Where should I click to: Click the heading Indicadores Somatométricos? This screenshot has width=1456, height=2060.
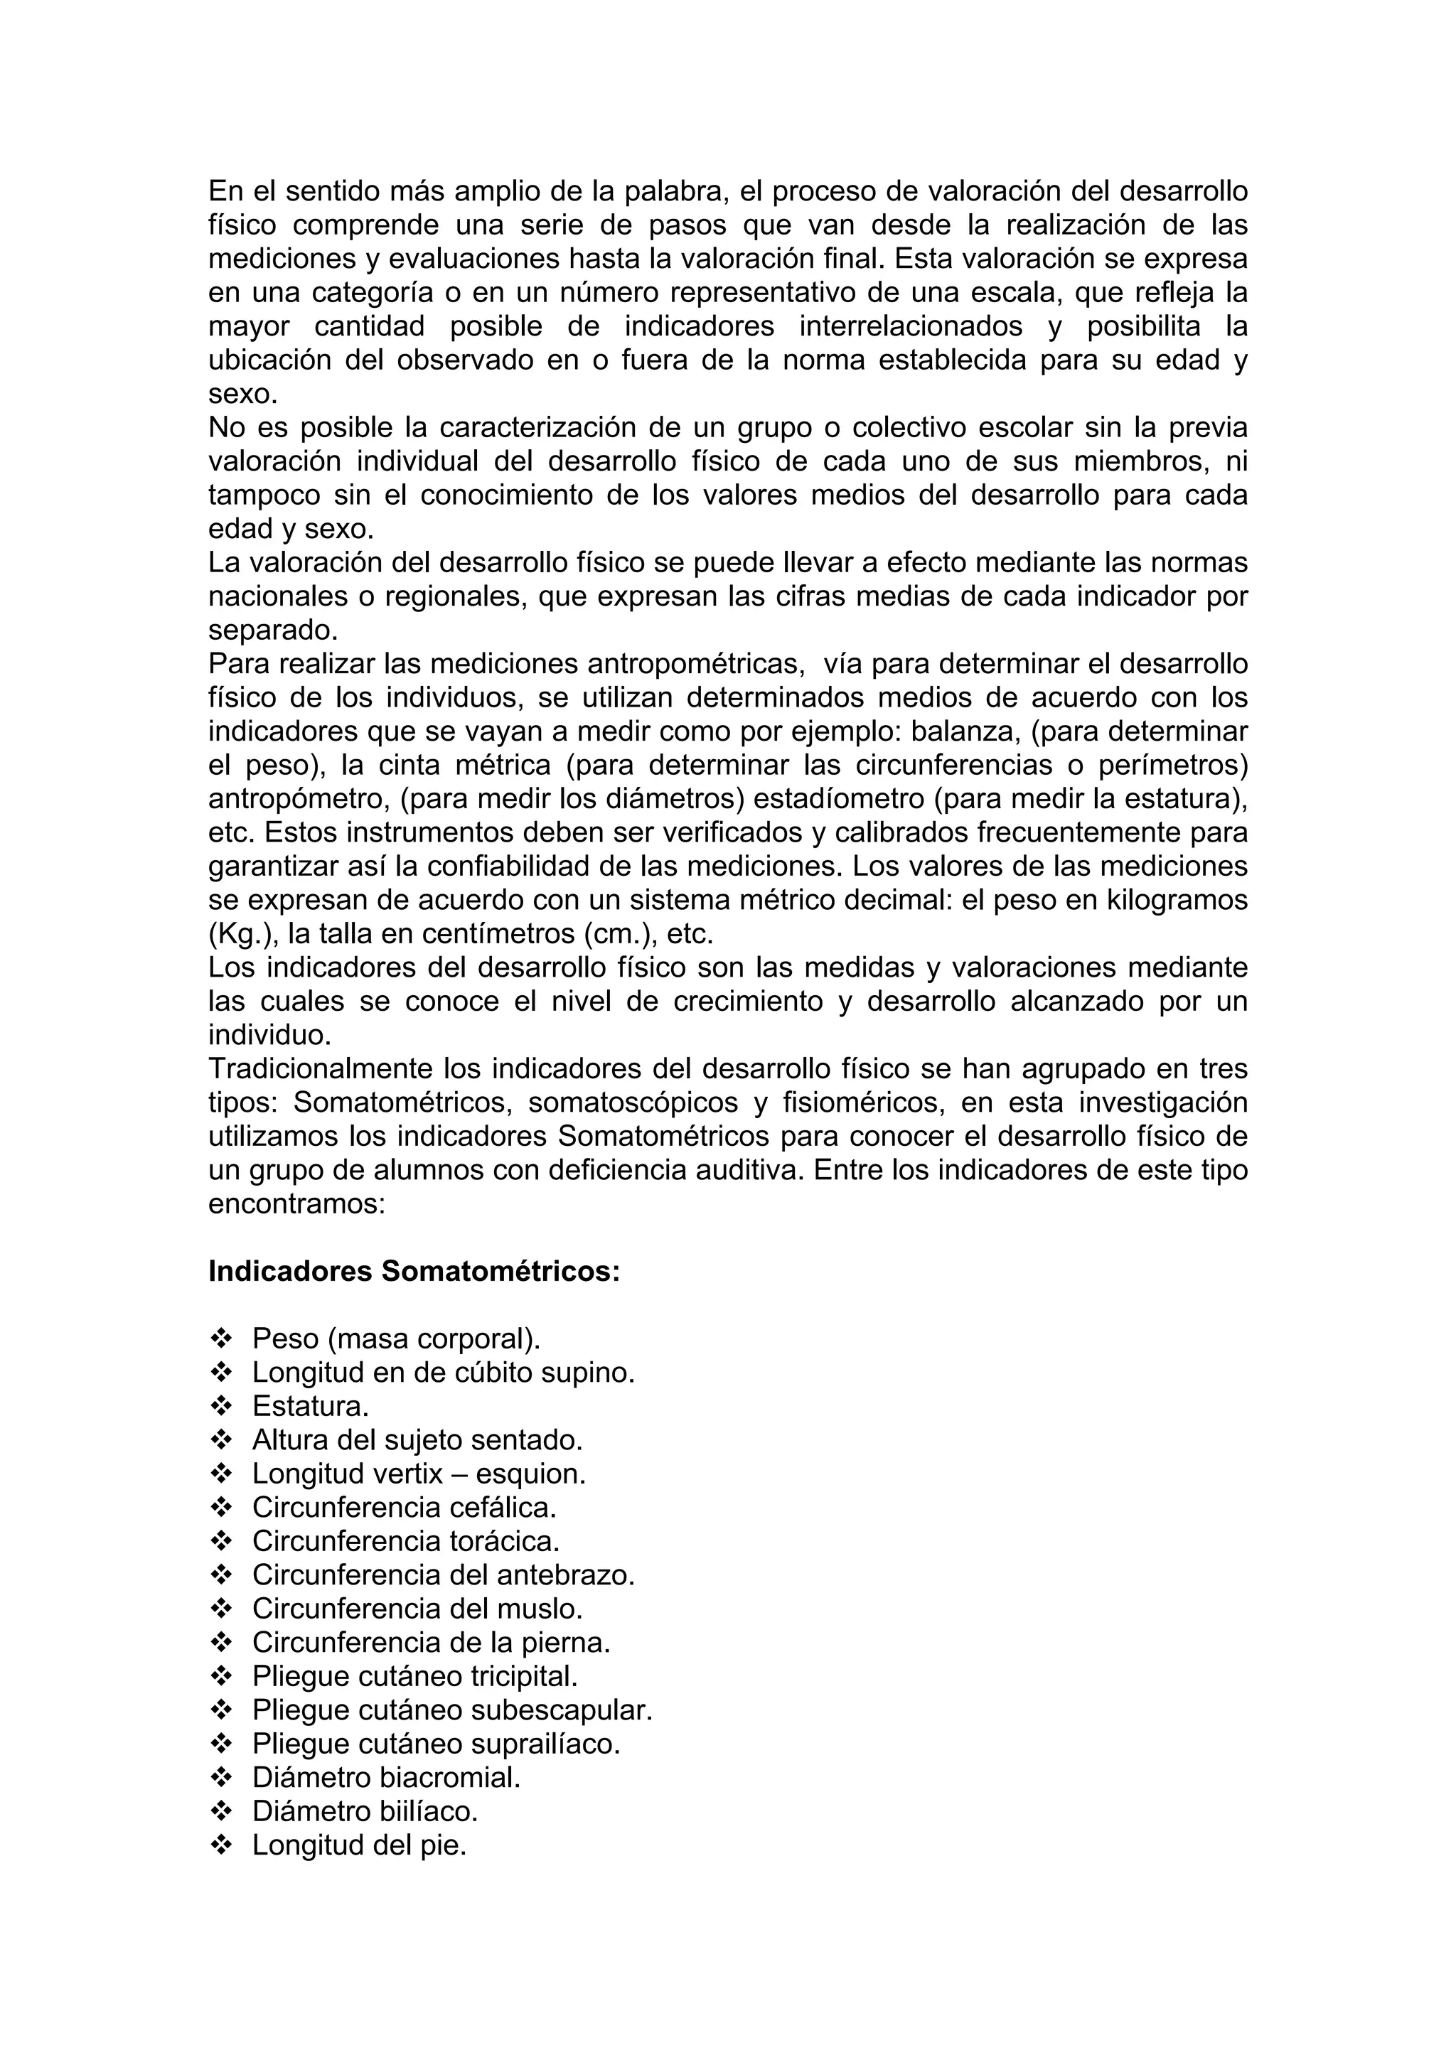[414, 1272]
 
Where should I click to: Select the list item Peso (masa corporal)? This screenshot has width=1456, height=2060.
[397, 1339]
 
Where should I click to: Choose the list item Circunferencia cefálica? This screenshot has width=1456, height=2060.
[404, 1507]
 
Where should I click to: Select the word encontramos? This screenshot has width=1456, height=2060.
[296, 1203]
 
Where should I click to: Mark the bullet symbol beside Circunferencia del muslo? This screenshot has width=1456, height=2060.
[220, 1609]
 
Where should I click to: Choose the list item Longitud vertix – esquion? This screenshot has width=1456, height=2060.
[418, 1474]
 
